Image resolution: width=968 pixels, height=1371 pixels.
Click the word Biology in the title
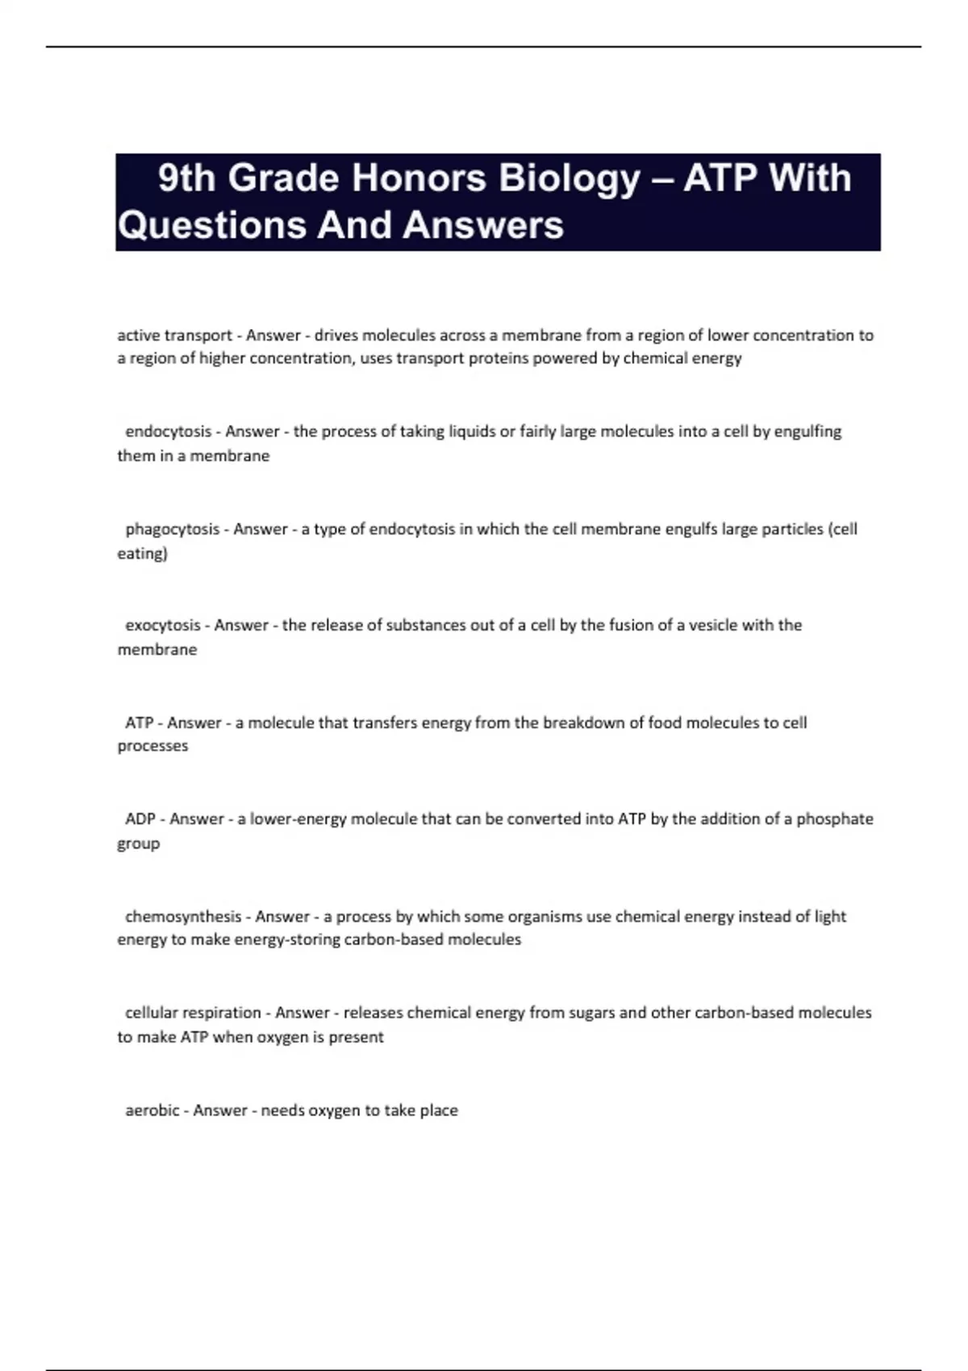point(569,179)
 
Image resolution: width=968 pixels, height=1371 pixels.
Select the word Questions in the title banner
point(211,225)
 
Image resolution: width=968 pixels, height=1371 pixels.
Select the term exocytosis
point(162,625)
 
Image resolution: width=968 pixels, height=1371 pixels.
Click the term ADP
point(140,819)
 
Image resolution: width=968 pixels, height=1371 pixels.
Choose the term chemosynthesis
point(183,917)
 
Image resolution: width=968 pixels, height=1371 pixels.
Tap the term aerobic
point(152,1111)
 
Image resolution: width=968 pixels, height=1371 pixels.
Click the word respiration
point(227,1013)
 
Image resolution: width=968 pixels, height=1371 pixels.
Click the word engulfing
point(807,432)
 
